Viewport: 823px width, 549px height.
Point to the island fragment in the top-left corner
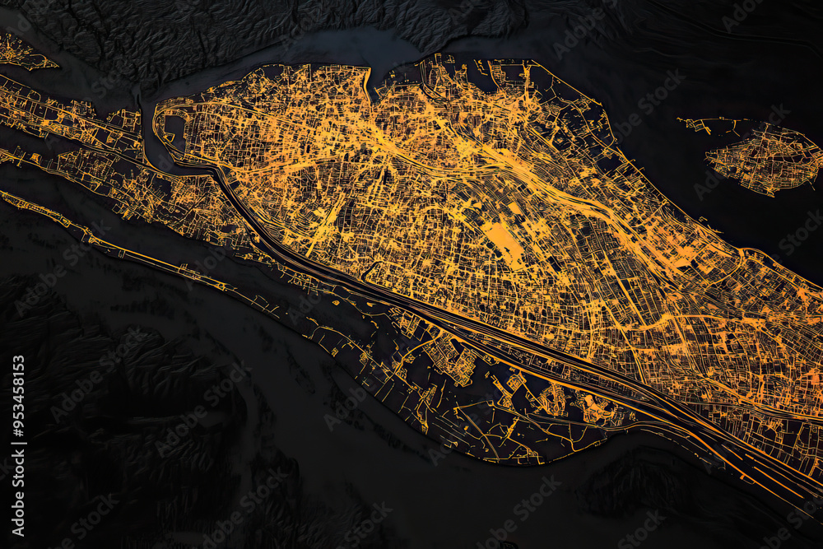[21, 54]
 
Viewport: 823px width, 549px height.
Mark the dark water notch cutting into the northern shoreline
[380, 77]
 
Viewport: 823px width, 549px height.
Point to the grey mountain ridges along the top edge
[329, 21]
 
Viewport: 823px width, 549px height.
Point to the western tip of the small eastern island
[709, 156]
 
